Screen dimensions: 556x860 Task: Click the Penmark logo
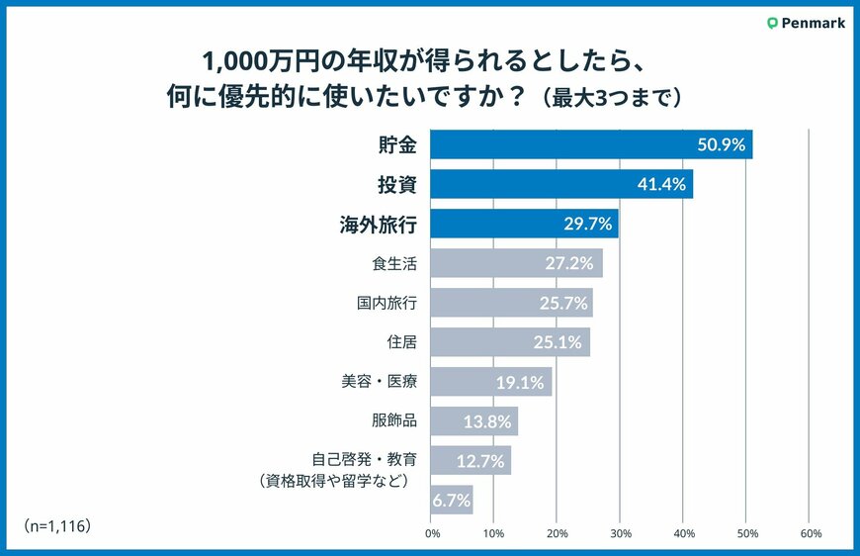806,23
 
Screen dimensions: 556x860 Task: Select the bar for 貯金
591,144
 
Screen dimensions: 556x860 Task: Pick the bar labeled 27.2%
516,263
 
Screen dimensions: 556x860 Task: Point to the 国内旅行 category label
387,302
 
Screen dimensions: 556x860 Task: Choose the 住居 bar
510,341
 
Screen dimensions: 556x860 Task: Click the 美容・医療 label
378,381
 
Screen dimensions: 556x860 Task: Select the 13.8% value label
487,421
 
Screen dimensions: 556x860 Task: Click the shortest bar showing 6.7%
452,500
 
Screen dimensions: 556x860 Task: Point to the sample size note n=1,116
57,524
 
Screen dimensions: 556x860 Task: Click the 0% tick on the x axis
432,534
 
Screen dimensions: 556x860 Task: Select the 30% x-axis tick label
620,534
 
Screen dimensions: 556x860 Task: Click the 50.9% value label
719,144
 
